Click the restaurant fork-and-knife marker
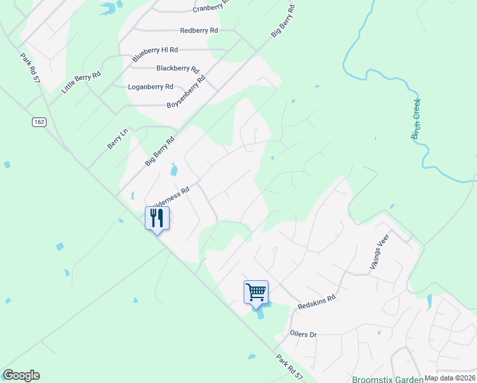click(157, 219)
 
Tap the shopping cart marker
click(256, 293)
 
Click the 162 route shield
click(39, 122)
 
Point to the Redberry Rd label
click(199, 30)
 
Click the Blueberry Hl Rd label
click(155, 54)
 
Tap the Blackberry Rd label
click(178, 68)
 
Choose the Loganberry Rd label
click(150, 86)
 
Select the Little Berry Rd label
click(81, 83)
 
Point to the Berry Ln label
click(117, 139)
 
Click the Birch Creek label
click(416, 119)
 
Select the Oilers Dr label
click(304, 334)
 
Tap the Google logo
click(21, 375)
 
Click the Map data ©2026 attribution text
click(450, 378)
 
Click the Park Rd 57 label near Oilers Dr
click(290, 368)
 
